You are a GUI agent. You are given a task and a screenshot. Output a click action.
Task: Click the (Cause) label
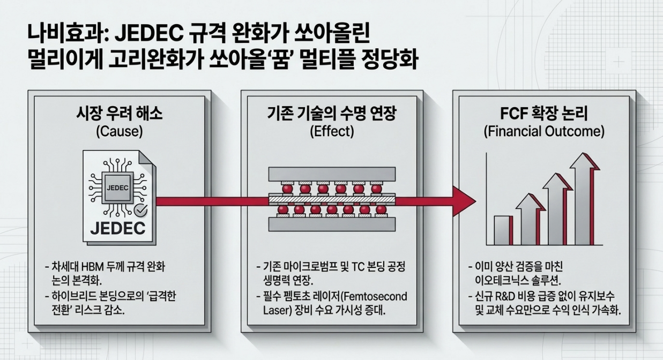point(118,131)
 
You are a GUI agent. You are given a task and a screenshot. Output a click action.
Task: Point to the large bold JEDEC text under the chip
point(117,228)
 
